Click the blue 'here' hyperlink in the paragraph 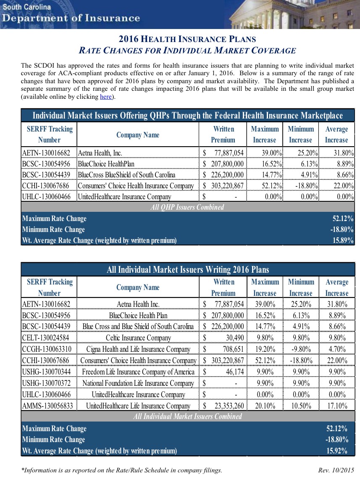[x=106, y=97]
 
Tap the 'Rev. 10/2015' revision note [x=336, y=470]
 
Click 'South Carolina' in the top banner [x=26, y=7]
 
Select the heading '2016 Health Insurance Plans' [x=187, y=39]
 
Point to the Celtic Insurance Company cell [x=138, y=338]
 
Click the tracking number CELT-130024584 [x=47, y=338]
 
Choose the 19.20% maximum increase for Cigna [x=265, y=349]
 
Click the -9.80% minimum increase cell [x=301, y=349]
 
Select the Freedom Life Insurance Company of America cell [x=138, y=372]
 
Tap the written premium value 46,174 [x=233, y=372]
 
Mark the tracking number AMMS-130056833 [x=47, y=406]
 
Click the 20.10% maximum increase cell [x=265, y=406]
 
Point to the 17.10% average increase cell [x=336, y=406]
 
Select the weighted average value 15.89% [x=342, y=241]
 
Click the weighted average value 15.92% [x=336, y=451]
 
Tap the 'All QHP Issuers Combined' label [x=187, y=207]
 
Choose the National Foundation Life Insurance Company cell [x=138, y=383]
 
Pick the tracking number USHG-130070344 [x=47, y=372]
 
